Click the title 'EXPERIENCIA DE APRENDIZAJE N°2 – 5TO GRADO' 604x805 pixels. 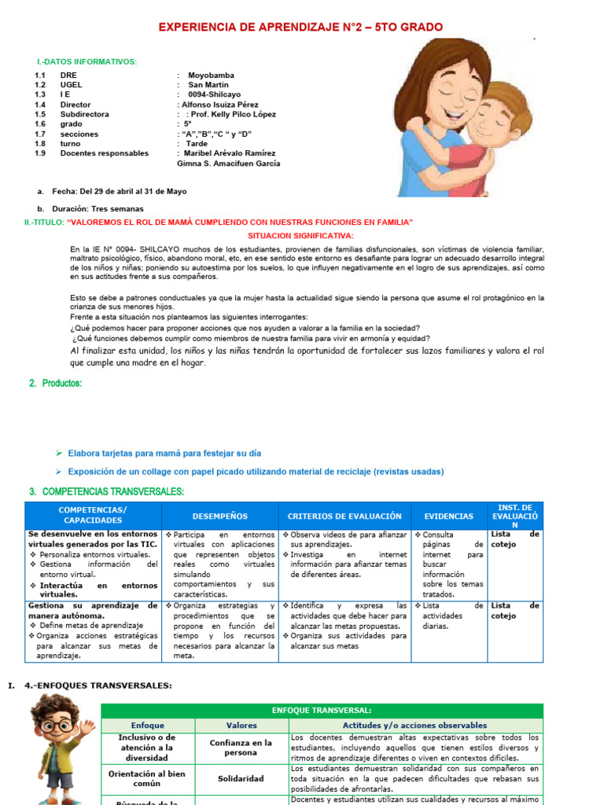tap(300, 28)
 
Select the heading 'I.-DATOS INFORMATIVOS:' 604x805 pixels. tap(87, 61)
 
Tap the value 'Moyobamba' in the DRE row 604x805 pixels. tap(211, 75)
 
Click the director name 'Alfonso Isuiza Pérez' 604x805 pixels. tap(220, 105)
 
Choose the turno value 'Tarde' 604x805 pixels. tap(197, 144)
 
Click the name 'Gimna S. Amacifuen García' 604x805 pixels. tap(229, 164)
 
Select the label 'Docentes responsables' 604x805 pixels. tap(104, 153)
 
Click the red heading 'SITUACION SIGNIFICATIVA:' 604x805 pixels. tap(300, 236)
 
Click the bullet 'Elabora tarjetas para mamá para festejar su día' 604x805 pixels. tap(164, 454)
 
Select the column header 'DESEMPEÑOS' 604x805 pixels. tap(219, 516)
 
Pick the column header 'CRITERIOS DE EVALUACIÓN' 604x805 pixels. tap(344, 516)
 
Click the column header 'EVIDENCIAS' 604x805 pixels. tap(449, 516)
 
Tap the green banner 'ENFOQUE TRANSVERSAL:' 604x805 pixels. tap(322, 710)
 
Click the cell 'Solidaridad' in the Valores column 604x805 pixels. tap(241, 778)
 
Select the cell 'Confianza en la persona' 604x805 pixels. tap(241, 748)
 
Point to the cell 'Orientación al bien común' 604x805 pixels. tap(148, 778)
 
